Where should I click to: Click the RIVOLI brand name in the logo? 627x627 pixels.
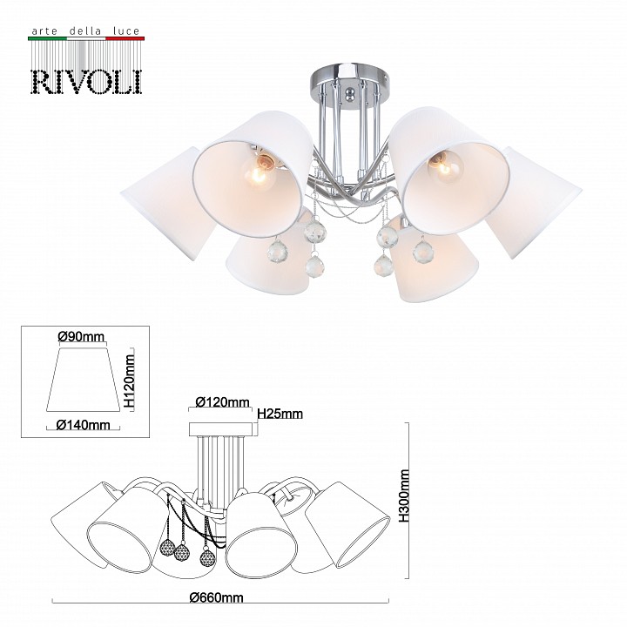click(86, 83)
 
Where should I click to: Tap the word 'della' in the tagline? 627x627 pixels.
click(85, 30)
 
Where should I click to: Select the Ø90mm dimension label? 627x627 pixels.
click(81, 337)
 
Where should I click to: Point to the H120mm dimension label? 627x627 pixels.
click(130, 381)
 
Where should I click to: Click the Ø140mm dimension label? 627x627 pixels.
click(84, 424)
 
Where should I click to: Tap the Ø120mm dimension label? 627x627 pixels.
click(222, 401)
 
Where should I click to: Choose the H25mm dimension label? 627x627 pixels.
click(280, 414)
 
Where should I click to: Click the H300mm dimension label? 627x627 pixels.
click(404, 496)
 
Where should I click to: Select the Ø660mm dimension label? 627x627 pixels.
click(216, 597)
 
